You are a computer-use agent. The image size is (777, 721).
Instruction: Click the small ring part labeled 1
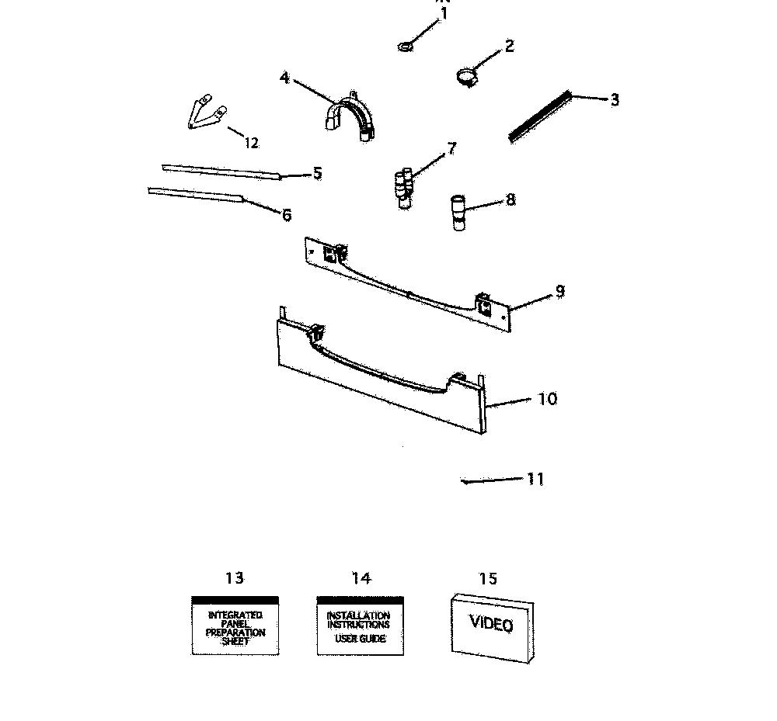point(406,47)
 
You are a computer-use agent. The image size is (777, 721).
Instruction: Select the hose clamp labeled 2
point(467,77)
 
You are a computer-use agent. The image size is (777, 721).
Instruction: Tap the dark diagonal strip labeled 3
point(540,116)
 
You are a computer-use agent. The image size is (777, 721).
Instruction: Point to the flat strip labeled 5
point(221,172)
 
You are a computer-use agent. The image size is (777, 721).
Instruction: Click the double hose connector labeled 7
point(404,189)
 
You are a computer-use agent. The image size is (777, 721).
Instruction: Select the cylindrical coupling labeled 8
point(458,213)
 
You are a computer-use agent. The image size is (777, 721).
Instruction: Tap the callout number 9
point(560,292)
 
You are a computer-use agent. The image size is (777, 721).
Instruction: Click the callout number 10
point(548,399)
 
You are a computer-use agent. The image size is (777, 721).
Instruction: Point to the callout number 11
point(535,479)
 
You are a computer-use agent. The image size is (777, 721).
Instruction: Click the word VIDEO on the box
point(491,623)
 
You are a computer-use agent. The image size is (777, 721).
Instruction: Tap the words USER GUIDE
point(361,639)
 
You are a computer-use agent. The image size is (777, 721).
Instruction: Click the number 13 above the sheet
point(235,577)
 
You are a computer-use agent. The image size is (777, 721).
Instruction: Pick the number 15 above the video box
point(488,578)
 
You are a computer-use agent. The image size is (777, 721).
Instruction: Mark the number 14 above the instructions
point(361,577)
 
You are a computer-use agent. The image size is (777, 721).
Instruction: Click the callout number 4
point(284,78)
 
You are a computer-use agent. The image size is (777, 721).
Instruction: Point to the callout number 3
point(615,100)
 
